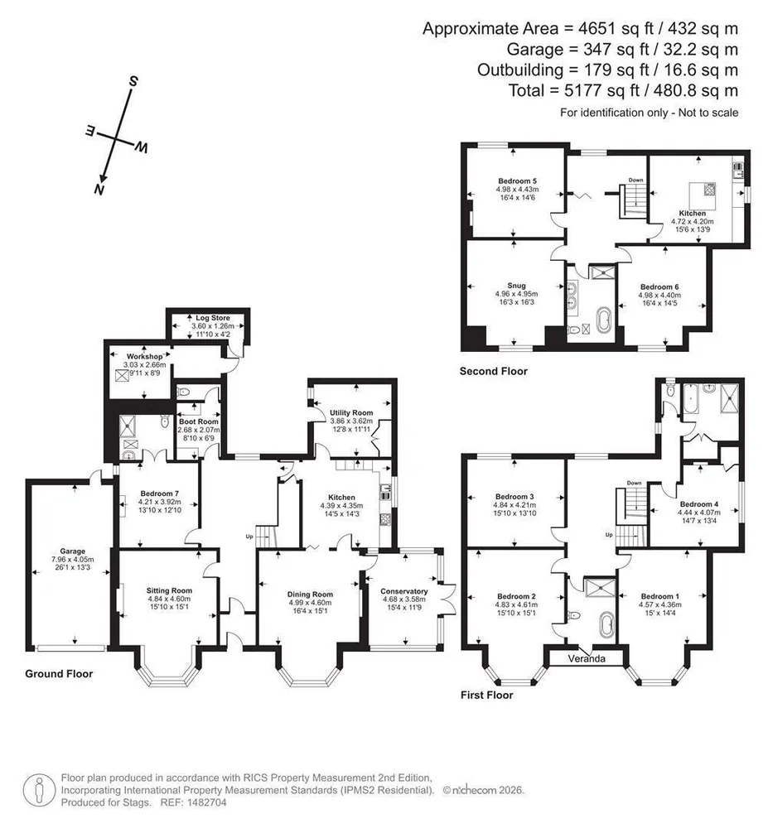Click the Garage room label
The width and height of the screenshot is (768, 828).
(72, 551)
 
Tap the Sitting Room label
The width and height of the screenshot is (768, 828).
(169, 590)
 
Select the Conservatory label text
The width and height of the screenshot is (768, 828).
(404, 591)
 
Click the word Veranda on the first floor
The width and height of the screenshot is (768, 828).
(587, 658)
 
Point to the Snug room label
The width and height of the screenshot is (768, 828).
(517, 286)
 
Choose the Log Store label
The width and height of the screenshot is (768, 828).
(213, 318)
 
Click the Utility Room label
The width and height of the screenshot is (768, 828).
(351, 412)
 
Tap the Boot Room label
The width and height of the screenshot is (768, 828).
(199, 421)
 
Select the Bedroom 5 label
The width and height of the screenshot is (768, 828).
(517, 181)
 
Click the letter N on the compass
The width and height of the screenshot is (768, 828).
(99, 189)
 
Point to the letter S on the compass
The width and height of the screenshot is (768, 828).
(133, 81)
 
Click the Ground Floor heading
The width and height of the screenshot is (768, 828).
(59, 674)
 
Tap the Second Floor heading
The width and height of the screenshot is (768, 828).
(493, 371)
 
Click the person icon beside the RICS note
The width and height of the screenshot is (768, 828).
(39, 791)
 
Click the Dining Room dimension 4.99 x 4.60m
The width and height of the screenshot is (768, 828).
(310, 603)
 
